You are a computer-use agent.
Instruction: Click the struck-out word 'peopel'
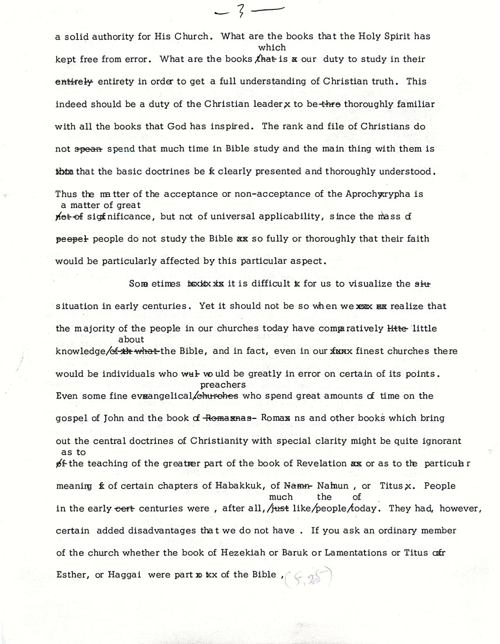coord(71,239)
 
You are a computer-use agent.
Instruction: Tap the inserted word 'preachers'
coord(223,385)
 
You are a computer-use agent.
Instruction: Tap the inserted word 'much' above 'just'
coord(281,497)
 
